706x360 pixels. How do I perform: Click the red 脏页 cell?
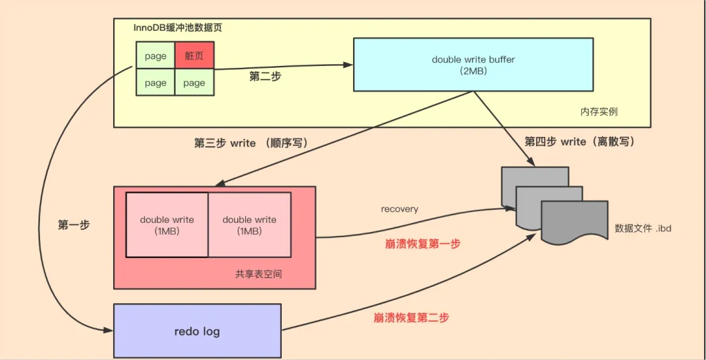194,56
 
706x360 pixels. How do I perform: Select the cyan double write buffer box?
473,64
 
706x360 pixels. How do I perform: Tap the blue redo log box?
197,331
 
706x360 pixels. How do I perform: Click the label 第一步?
74,225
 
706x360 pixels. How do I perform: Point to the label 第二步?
265,76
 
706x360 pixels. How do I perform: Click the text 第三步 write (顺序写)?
250,143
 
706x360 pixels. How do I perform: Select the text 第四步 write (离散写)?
580,142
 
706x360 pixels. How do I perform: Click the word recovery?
399,209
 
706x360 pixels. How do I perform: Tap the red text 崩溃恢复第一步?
422,244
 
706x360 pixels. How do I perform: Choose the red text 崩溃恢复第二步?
411,318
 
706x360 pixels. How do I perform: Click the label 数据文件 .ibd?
643,228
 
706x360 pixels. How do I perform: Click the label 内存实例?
598,112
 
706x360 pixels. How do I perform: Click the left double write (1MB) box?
167,225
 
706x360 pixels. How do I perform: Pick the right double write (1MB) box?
249,225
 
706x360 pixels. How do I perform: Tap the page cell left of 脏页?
156,56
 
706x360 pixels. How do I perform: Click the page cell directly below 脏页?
194,83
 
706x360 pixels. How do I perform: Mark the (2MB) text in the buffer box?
473,71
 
